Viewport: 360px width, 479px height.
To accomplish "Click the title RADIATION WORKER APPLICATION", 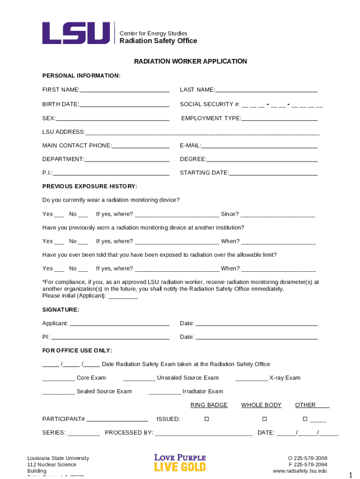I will pyautogui.click(x=190, y=61).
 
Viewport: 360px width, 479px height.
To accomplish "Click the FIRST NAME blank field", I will pyautogui.click(x=124, y=90).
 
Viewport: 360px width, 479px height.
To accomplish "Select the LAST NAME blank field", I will pyautogui.click(x=266, y=90).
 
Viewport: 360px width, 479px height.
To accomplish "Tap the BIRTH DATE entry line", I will pyautogui.click(x=124, y=104).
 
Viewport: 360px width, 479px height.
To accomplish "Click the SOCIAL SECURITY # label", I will pyautogui.click(x=209, y=104).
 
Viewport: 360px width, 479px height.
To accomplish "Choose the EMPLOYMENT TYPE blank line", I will pyautogui.click(x=279, y=118).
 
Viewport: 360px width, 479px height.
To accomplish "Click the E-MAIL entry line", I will pyautogui.click(x=259, y=145).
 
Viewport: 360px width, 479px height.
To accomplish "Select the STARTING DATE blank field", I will pyautogui.click(x=273, y=173).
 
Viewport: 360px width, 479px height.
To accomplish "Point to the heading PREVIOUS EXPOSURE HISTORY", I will pyautogui.click(x=90, y=186).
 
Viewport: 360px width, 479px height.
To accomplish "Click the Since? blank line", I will pyautogui.click(x=278, y=215).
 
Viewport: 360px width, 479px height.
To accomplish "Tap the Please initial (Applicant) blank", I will pyautogui.click(x=123, y=296).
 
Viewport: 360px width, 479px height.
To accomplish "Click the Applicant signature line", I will pyautogui.click(x=119, y=324).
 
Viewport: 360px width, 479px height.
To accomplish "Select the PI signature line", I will pyautogui.click(x=110, y=337).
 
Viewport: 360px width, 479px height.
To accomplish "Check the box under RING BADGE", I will pyautogui.click(x=207, y=419).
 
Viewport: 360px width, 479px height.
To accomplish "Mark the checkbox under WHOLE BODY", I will pyautogui.click(x=264, y=419).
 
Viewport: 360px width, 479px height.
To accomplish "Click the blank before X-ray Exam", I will pyautogui.click(x=252, y=378).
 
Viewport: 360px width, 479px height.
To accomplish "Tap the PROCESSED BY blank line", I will pyautogui.click(x=203, y=433).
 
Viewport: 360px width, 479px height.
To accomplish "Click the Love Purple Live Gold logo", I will pyautogui.click(x=180, y=463).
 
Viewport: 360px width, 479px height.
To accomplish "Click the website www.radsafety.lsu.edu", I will pyautogui.click(x=300, y=471).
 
